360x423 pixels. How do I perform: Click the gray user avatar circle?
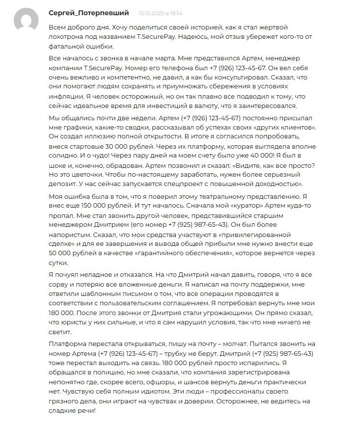pos(26,21)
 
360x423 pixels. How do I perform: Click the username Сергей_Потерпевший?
pos(89,13)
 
